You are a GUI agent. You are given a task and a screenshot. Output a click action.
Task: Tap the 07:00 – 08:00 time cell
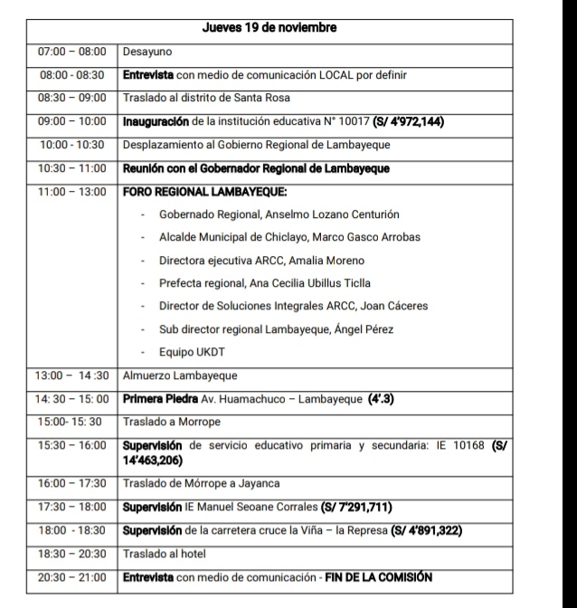point(72,52)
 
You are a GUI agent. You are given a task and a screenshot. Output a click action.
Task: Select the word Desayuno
point(147,52)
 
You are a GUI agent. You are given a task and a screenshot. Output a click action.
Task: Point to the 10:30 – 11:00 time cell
point(72,167)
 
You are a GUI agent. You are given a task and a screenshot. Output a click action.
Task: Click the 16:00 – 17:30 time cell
point(72,484)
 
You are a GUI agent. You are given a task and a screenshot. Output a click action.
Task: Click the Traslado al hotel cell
point(164,553)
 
